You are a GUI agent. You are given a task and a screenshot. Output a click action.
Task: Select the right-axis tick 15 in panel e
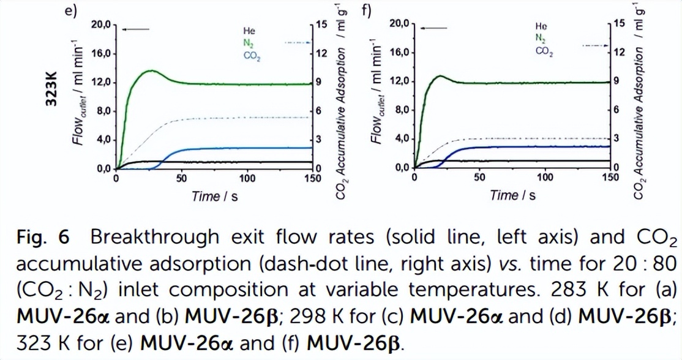[x=321, y=24]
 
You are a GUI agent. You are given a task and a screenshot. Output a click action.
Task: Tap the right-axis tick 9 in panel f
[x=616, y=81]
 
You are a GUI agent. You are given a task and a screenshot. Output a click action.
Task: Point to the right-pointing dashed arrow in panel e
[x=299, y=42]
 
